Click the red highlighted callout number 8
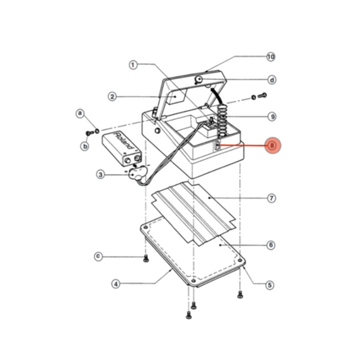[272, 145]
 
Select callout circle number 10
[272, 57]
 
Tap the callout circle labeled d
[272, 79]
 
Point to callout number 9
[272, 116]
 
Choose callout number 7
[271, 199]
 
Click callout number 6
[271, 245]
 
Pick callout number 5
[270, 285]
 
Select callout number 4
[115, 284]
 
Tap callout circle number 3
[100, 175]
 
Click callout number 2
[114, 97]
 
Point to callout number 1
[133, 65]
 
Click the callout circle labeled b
[85, 145]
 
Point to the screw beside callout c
[146, 259]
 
